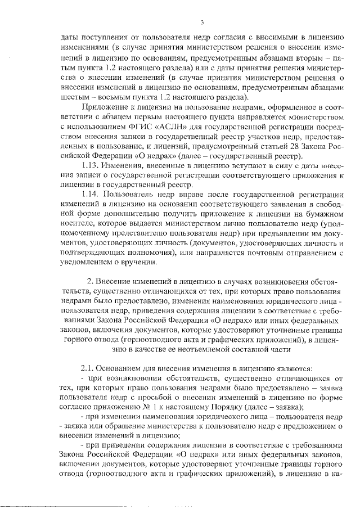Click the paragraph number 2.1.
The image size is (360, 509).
point(90,368)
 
